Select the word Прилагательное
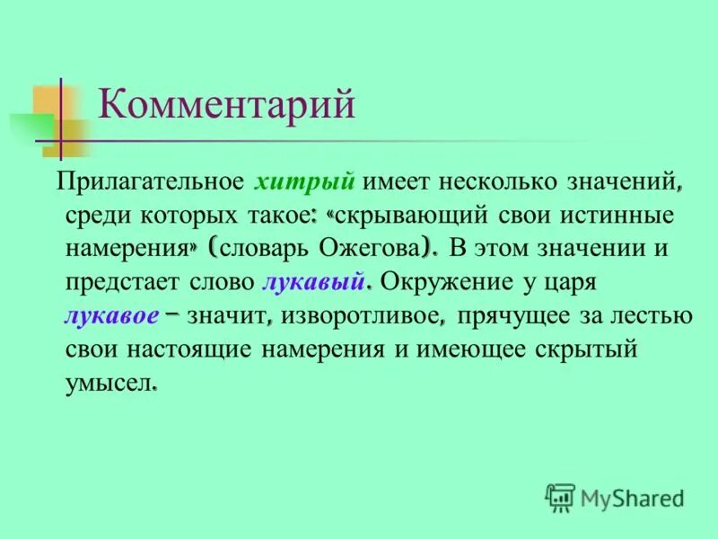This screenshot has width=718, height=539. (150, 182)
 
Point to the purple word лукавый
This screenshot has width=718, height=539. (313, 282)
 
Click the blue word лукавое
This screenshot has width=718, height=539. (111, 315)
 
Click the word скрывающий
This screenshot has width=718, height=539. (409, 216)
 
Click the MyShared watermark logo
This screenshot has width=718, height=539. (616, 495)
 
